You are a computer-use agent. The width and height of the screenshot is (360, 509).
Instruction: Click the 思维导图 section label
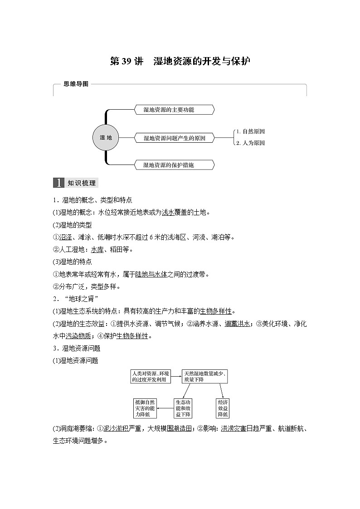(x=76, y=84)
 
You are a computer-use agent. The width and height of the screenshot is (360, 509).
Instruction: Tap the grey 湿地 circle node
(x=106, y=137)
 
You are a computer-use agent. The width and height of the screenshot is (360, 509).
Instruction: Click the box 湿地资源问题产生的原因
(x=175, y=138)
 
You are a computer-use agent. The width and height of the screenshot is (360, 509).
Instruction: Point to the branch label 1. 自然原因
(x=250, y=131)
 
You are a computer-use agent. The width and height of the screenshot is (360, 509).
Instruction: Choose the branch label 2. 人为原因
(x=250, y=143)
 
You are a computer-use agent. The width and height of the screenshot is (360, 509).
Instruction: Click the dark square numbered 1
(x=59, y=183)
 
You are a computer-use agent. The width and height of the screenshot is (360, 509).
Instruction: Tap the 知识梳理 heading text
(x=82, y=183)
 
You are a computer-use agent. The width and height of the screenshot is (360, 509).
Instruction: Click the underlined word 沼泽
(x=65, y=237)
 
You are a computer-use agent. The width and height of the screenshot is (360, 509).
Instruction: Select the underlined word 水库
(x=97, y=249)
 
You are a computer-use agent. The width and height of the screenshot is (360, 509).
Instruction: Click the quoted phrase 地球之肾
(x=82, y=298)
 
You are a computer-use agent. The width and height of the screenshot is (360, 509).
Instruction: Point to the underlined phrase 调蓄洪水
(x=238, y=324)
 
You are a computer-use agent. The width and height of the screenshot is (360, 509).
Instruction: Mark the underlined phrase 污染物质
(x=78, y=336)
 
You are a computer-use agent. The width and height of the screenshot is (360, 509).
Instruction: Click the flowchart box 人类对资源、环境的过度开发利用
(x=151, y=376)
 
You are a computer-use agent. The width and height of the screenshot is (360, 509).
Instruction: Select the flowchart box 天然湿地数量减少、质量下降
(x=204, y=376)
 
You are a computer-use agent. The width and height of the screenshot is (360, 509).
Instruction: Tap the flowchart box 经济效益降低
(x=223, y=408)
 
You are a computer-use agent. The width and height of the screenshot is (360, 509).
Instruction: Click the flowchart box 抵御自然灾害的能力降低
(x=145, y=408)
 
